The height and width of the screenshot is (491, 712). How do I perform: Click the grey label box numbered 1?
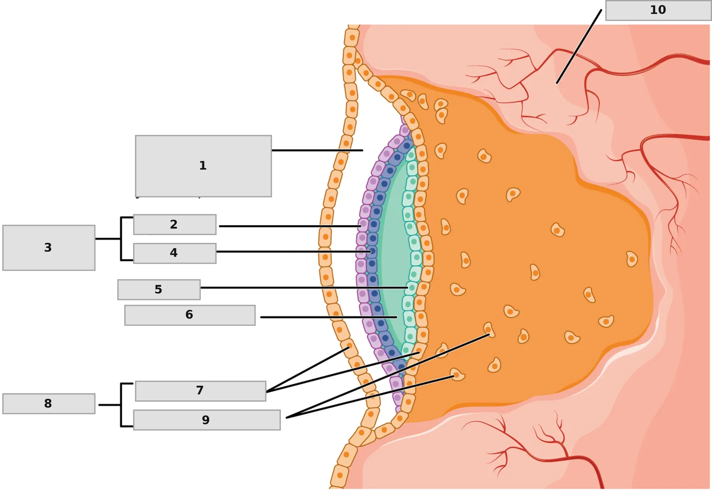coord(204,166)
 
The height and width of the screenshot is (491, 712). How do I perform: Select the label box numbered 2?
coord(175,224)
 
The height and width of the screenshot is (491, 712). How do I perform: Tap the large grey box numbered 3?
coord(48,248)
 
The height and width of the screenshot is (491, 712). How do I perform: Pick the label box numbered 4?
coord(175,253)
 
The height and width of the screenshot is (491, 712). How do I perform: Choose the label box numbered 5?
coord(159,290)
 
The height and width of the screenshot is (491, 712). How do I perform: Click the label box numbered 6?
coord(190,315)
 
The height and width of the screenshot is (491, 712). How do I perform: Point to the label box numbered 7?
coord(201,391)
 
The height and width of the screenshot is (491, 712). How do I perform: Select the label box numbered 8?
coord(48,404)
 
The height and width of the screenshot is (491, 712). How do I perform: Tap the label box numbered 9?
coord(207,420)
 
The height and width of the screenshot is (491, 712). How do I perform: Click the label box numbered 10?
coord(658,10)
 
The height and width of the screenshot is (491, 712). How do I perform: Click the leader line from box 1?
coord(318,150)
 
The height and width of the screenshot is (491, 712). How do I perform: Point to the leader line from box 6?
coord(328,317)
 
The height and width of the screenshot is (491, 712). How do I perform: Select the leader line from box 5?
coord(304,287)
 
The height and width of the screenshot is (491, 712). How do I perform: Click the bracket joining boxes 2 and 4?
coord(121,239)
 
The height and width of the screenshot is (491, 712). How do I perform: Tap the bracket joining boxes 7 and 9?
coord(121,405)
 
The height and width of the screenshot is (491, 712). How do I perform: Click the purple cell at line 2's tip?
coord(363,225)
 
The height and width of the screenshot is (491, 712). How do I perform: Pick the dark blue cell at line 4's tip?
coord(372,251)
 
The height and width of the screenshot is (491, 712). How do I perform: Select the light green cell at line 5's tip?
coord(412,288)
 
